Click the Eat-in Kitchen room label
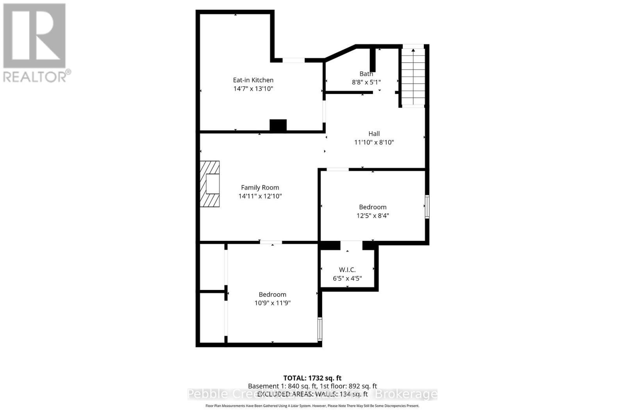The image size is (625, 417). [253, 80]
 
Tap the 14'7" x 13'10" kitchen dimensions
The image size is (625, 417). [253, 89]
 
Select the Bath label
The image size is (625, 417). [366, 73]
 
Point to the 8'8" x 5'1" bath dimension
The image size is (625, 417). [366, 82]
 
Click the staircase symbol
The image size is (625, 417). [413, 77]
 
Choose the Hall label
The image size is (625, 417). [374, 134]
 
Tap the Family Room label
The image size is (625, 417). [260, 188]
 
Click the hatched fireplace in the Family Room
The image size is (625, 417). [210, 184]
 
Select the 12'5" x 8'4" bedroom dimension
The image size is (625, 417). [373, 216]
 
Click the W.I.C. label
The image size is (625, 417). [347, 270]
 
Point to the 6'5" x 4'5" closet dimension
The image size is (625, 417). [347, 278]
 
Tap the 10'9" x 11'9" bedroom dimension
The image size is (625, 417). [272, 303]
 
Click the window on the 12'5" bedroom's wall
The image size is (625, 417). [427, 207]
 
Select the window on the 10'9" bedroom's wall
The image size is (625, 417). [320, 329]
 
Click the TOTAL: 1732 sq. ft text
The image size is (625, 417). [312, 378]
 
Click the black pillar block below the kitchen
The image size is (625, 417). [278, 125]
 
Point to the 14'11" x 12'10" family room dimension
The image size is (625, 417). [260, 196]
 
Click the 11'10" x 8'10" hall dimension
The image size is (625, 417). [374, 142]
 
